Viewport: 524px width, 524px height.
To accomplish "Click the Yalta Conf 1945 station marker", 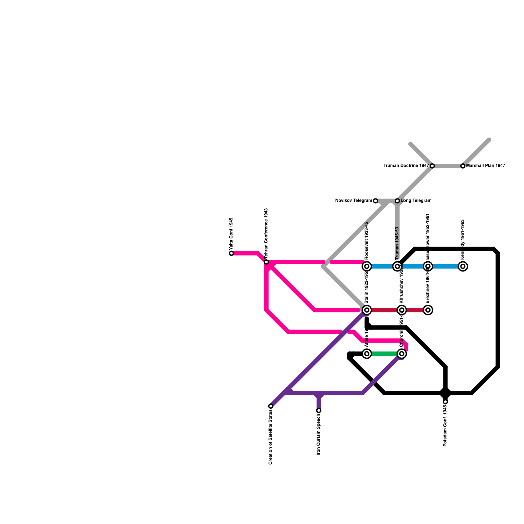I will click(x=232, y=253).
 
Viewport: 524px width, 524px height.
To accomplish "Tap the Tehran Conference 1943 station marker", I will click(x=266, y=262).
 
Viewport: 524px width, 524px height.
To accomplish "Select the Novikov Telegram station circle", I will click(x=376, y=201).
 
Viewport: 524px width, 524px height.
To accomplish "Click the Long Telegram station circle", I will click(x=397, y=201).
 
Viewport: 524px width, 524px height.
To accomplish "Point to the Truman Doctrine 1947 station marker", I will click(x=432, y=166).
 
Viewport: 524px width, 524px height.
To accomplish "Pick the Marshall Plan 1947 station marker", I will click(x=463, y=166).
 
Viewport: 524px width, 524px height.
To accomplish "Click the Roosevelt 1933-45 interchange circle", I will click(x=367, y=266).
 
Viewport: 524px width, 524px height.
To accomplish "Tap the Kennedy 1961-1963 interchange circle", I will click(x=463, y=266).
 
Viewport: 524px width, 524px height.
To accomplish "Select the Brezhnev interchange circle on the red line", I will click(x=428, y=310).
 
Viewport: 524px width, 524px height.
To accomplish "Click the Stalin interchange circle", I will click(x=367, y=310).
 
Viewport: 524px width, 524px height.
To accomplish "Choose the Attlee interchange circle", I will click(x=367, y=354).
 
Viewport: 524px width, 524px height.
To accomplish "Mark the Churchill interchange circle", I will click(x=402, y=354).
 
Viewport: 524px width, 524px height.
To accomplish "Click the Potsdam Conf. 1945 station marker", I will click(x=445, y=402).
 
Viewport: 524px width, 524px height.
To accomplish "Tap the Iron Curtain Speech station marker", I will click(x=319, y=410).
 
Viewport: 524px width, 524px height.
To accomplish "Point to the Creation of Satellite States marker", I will click(x=271, y=406).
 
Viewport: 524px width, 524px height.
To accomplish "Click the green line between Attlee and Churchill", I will click(x=384, y=354).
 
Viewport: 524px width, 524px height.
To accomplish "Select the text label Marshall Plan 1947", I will click(x=486, y=166).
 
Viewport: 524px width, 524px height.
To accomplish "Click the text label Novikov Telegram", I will click(x=354, y=201).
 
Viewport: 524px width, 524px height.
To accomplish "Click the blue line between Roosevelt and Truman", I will click(x=382, y=266).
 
